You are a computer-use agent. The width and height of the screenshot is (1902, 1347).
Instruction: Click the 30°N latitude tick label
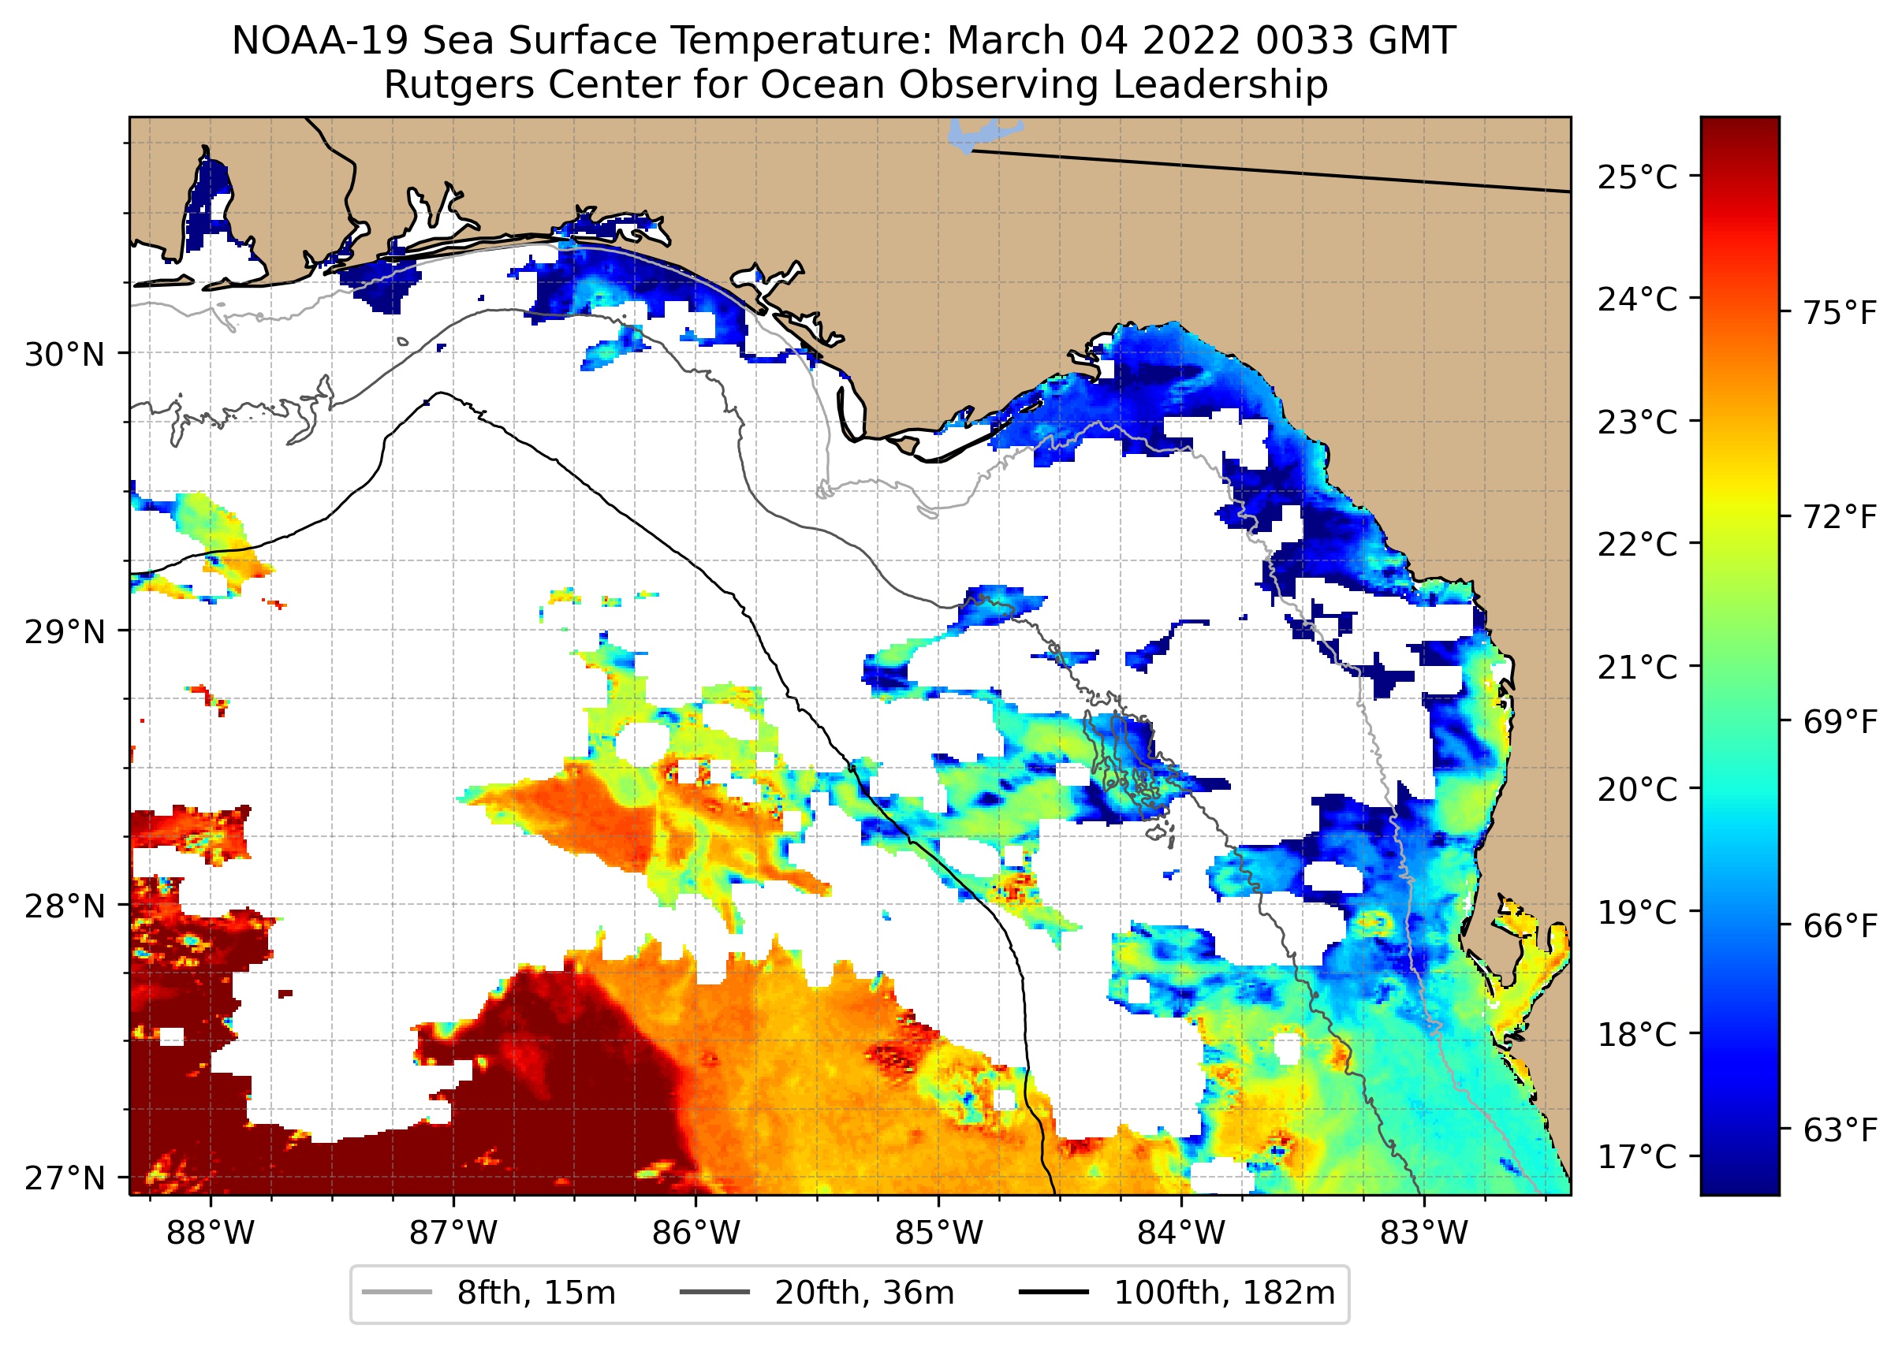click(x=65, y=355)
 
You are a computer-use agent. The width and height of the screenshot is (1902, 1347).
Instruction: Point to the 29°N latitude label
click(x=65, y=632)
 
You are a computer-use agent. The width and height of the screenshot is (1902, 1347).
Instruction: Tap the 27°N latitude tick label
click(x=65, y=1178)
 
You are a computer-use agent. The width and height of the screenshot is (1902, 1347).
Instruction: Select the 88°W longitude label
click(x=210, y=1234)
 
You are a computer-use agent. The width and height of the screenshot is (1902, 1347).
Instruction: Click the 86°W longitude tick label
click(x=696, y=1234)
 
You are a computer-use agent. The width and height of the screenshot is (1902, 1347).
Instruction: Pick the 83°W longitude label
click(x=1424, y=1234)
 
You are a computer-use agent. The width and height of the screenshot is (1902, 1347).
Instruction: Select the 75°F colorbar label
click(x=1839, y=314)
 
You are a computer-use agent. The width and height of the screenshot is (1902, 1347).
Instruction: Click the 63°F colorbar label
click(x=1839, y=1129)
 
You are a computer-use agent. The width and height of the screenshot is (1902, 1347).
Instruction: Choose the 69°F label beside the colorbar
click(x=1839, y=722)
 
